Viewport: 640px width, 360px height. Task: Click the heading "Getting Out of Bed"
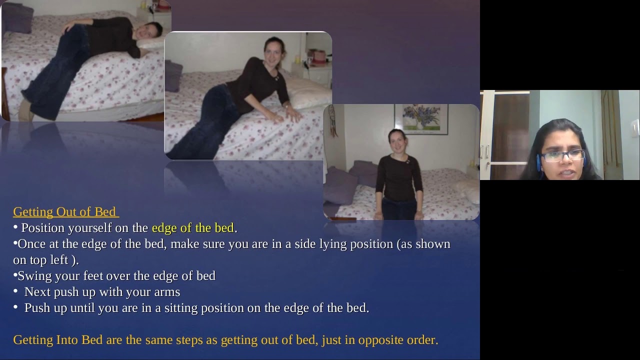pos(65,211)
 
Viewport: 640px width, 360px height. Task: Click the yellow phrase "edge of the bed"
pos(192,228)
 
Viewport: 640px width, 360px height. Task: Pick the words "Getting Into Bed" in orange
pos(58,340)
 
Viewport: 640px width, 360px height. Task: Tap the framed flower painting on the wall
pos(421,119)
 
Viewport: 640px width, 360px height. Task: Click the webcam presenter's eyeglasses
pos(563,156)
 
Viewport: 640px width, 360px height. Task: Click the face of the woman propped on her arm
pos(273,51)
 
